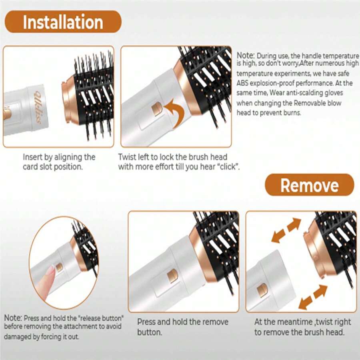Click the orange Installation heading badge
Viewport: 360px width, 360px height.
pyautogui.click(x=63, y=22)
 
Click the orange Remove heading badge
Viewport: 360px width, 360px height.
pyautogui.click(x=310, y=185)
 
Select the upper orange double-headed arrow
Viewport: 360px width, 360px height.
pyautogui.click(x=286, y=230)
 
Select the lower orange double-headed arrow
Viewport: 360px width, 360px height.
pyautogui.click(x=313, y=297)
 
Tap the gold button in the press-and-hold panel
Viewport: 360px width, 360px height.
pyautogui.click(x=172, y=276)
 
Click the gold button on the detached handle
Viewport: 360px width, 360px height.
pyautogui.click(x=262, y=290)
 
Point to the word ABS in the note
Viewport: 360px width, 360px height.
pyautogui.click(x=242, y=83)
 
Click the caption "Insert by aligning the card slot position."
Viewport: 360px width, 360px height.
pyautogui.click(x=59, y=162)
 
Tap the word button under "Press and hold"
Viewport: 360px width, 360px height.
pyautogui.click(x=150, y=332)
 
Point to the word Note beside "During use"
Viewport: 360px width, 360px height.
pyautogui.click(x=246, y=55)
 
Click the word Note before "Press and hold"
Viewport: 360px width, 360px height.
pyautogui.click(x=13, y=318)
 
